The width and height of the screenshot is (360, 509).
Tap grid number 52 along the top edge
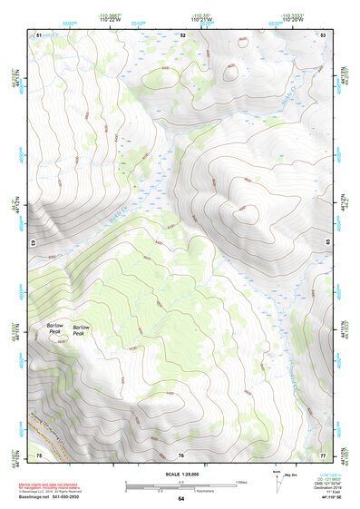tap(182, 34)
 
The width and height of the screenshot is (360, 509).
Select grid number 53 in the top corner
tap(324, 34)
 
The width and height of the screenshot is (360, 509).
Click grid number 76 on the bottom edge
tap(181, 454)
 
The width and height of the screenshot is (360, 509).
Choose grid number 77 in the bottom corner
tap(323, 454)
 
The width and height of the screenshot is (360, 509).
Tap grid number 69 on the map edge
tap(34, 243)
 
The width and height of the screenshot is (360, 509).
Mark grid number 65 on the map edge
tap(328, 242)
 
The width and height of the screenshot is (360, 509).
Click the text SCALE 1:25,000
tap(180, 473)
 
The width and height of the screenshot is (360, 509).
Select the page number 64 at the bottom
tap(180, 499)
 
